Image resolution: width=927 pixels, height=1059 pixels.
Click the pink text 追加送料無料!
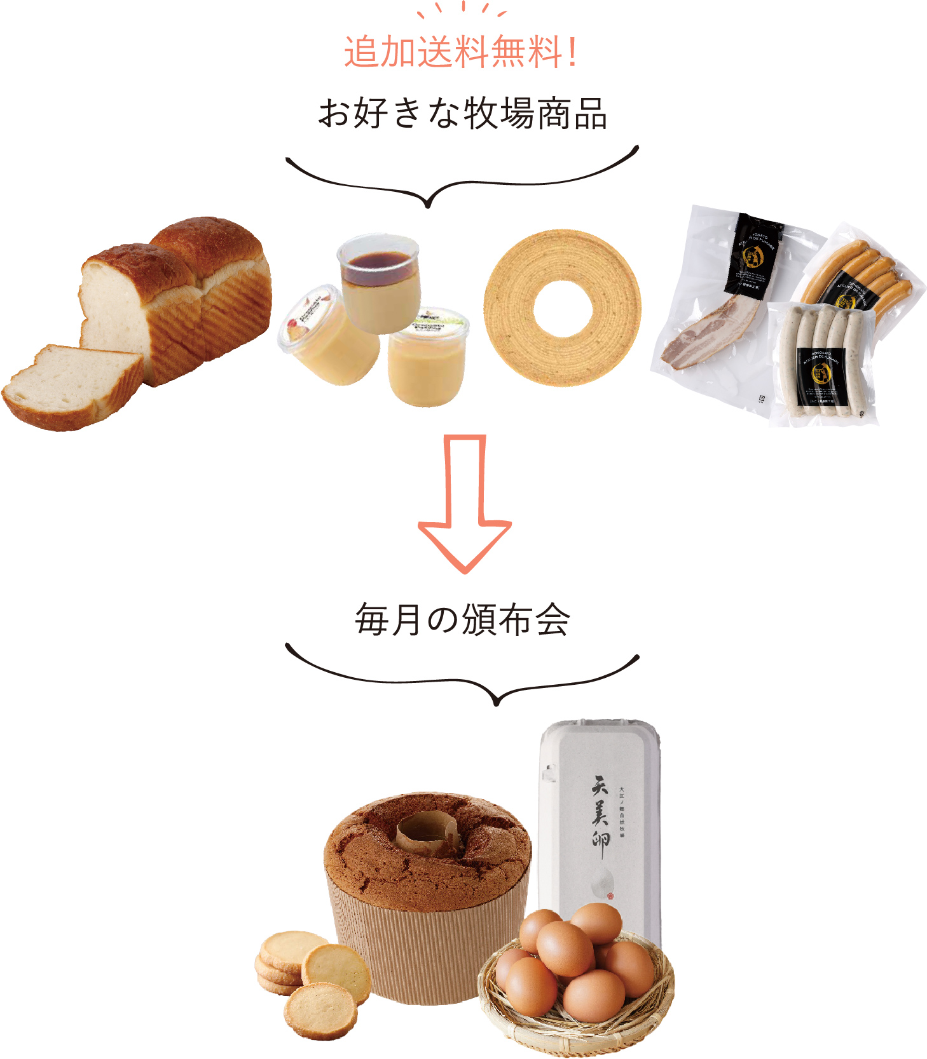point(461,52)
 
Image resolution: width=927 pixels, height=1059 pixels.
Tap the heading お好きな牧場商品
point(462,114)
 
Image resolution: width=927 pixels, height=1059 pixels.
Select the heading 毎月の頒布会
point(462,620)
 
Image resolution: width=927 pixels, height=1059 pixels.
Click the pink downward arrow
point(465,502)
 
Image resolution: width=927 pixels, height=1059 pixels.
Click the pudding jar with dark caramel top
point(379,283)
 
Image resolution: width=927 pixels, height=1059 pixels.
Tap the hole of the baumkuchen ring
point(563,309)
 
